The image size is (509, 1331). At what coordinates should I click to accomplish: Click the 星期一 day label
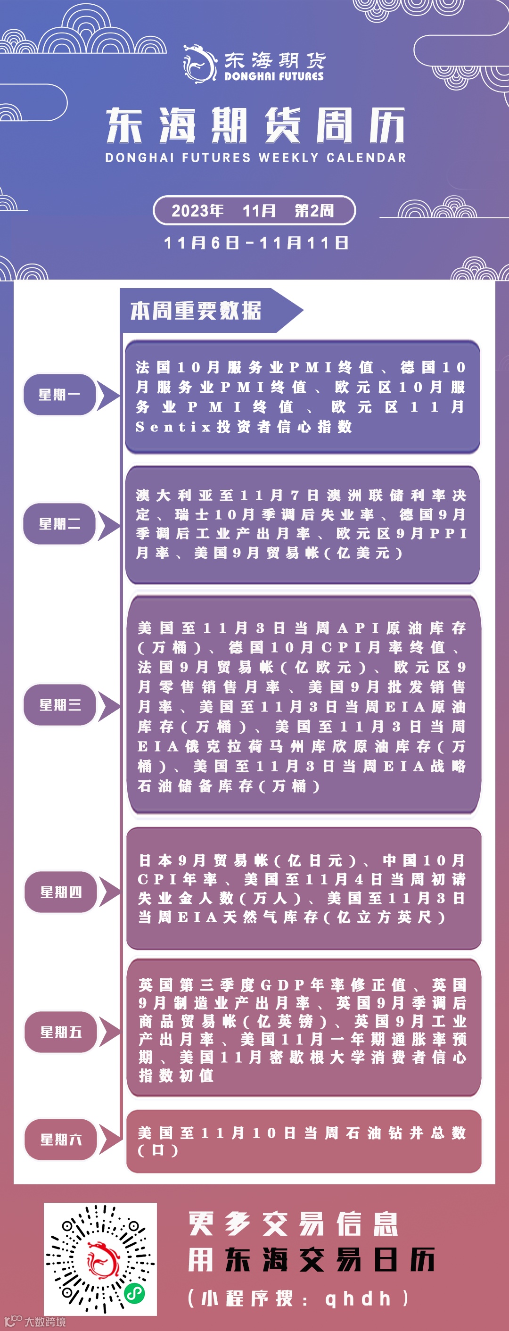click(x=59, y=395)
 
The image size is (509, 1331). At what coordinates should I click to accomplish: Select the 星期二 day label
click(x=59, y=524)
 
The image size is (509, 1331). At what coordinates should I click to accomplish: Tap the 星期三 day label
click(x=60, y=705)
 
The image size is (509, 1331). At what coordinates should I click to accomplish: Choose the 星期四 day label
click(x=61, y=892)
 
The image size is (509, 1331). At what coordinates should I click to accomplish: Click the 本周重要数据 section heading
click(x=196, y=311)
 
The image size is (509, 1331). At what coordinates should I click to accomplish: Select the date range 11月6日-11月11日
click(x=256, y=243)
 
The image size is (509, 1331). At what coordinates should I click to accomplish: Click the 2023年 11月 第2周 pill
click(x=254, y=211)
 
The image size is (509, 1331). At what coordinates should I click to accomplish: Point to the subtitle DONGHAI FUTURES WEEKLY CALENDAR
click(x=255, y=157)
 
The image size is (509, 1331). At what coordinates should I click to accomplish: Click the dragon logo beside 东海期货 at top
click(x=199, y=64)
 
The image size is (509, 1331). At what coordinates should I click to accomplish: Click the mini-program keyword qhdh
click(x=357, y=1298)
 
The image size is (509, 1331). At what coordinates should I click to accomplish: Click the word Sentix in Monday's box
click(x=173, y=427)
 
